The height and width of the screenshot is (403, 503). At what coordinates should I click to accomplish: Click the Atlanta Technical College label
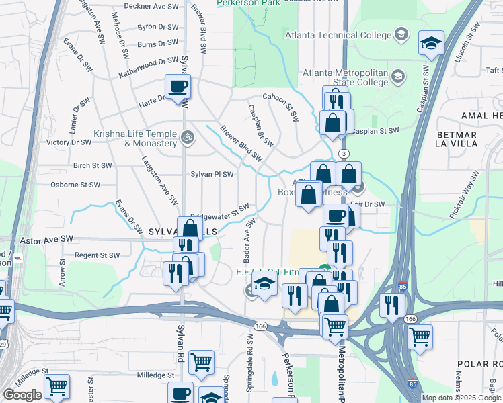(338, 35)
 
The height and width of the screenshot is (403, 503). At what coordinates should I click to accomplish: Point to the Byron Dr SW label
(157, 27)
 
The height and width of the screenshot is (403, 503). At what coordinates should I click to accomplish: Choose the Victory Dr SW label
(69, 142)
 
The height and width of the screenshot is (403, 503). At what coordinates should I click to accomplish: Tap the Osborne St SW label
(76, 185)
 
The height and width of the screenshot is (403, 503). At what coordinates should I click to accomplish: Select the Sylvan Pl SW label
(212, 174)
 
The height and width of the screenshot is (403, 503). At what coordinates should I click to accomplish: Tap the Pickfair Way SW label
(465, 194)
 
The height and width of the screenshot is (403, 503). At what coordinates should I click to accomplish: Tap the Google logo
(23, 395)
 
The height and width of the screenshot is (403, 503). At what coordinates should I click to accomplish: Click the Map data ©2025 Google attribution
(461, 398)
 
